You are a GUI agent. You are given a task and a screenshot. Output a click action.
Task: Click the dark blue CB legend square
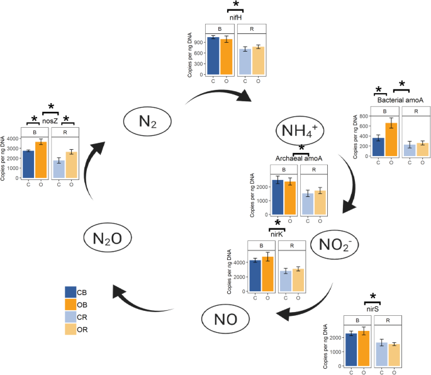[x=70, y=292]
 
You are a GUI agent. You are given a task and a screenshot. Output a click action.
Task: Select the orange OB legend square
[x=70, y=305]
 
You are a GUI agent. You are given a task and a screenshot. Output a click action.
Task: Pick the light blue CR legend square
[x=70, y=317]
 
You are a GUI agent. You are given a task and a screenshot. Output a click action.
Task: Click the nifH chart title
[x=236, y=18]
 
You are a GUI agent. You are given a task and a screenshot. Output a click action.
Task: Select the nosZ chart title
[x=50, y=120]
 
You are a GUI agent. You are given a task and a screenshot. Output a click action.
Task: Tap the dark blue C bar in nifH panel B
[x=213, y=56]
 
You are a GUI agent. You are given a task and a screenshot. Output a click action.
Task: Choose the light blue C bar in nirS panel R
[x=381, y=354]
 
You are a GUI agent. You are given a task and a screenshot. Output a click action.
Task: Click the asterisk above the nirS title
[x=373, y=297]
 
